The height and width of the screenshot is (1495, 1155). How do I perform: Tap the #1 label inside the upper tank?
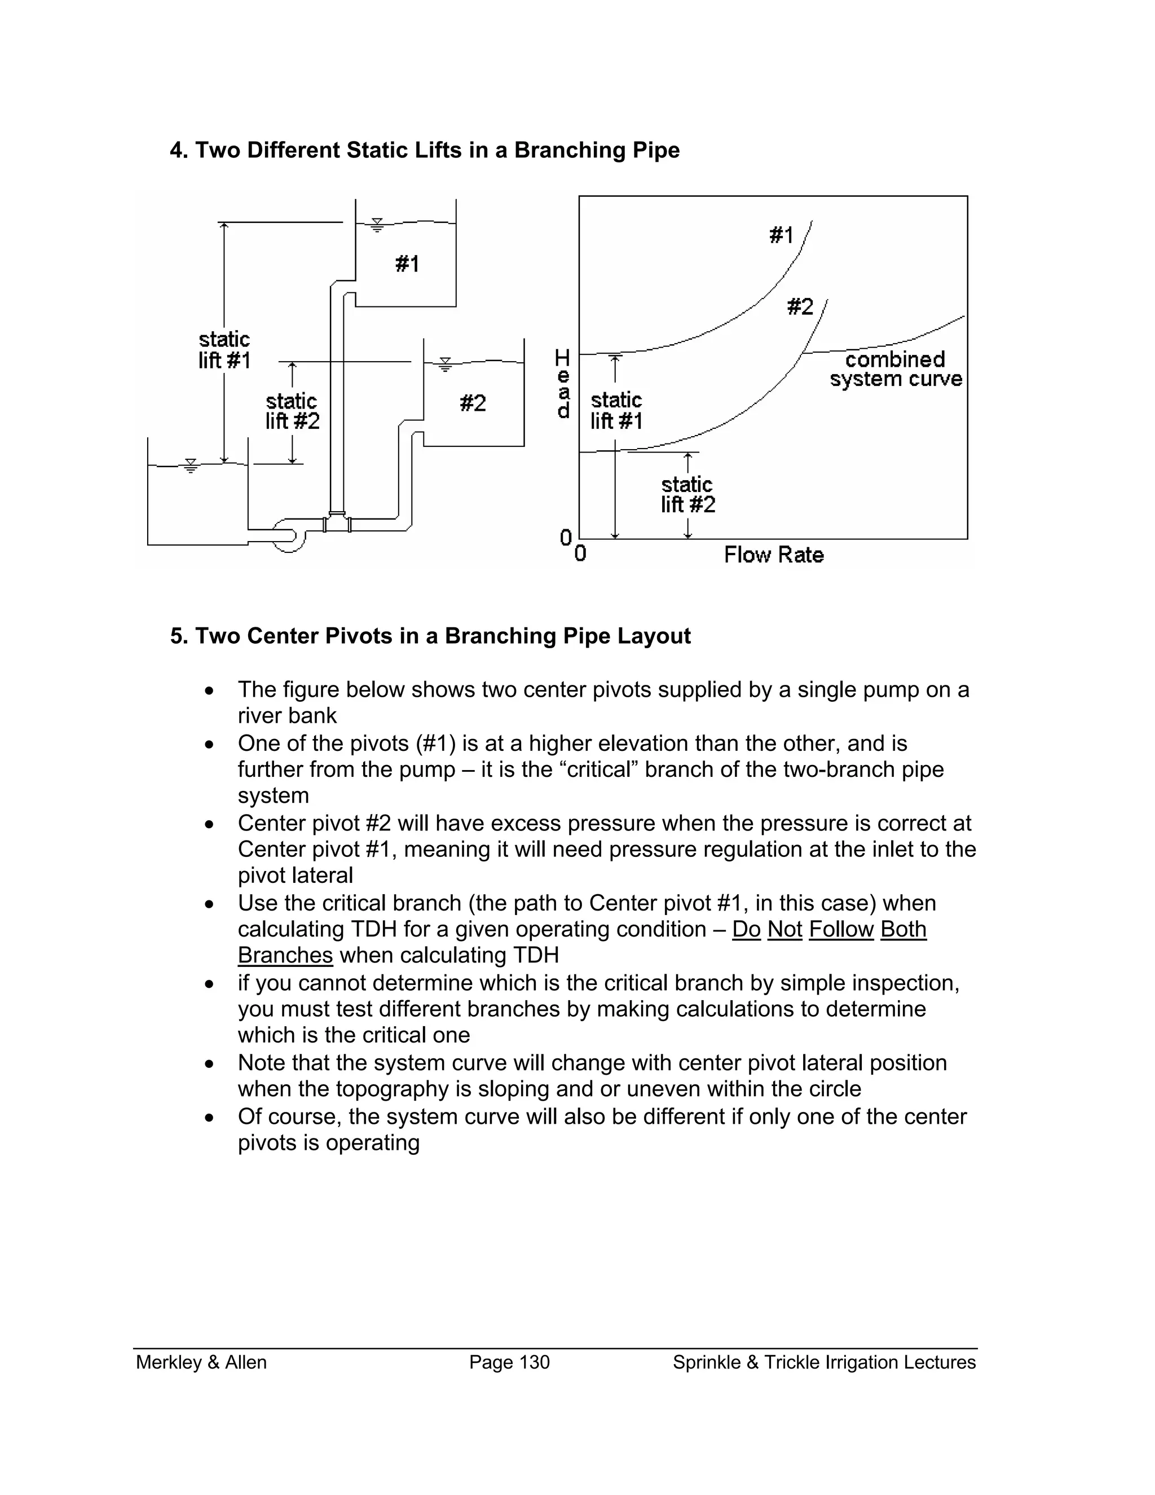point(407,263)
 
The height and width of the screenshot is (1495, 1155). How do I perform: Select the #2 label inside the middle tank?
point(473,403)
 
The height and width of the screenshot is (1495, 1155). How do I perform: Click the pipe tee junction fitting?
point(337,523)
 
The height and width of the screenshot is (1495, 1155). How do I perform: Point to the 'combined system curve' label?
point(895,369)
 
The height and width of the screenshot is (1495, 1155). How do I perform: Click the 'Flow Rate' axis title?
point(773,555)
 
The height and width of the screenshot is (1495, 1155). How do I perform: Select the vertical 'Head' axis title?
point(562,383)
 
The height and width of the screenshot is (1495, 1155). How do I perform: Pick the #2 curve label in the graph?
point(800,307)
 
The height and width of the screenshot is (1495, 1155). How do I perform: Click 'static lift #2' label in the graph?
point(687,494)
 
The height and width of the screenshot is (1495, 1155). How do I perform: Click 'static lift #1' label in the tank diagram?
point(224,350)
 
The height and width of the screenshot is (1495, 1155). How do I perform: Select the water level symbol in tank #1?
point(376,225)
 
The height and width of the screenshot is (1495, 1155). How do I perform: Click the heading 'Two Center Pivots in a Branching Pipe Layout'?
point(430,636)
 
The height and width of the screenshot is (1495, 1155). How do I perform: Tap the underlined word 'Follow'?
point(841,929)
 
